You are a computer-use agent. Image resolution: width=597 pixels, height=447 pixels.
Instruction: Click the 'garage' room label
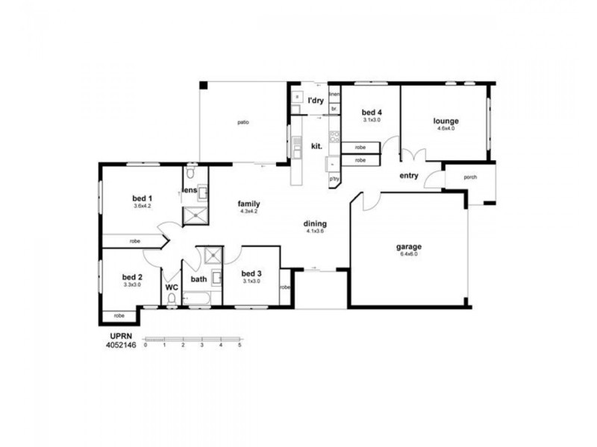(409, 247)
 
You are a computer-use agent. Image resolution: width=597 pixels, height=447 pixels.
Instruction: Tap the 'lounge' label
(446, 121)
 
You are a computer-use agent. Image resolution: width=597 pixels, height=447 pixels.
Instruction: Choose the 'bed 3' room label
(251, 273)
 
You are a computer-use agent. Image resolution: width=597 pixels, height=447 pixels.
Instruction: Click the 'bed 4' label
(372, 112)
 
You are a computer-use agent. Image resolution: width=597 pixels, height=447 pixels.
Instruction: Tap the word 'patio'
(243, 122)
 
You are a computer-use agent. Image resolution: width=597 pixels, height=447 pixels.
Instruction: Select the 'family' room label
(249, 203)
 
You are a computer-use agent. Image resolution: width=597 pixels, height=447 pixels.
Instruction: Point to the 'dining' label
(315, 223)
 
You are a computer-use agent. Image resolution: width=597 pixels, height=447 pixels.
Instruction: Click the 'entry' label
(409, 176)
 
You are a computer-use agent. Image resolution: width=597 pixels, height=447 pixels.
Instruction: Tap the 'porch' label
(470, 177)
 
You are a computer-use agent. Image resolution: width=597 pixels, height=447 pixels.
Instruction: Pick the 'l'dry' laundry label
(315, 99)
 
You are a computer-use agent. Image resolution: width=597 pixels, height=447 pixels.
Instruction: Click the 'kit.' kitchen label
(316, 146)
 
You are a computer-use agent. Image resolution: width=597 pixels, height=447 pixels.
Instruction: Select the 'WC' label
(172, 287)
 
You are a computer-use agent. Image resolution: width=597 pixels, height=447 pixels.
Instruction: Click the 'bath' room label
(199, 279)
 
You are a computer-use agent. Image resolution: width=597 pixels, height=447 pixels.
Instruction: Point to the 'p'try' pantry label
(334, 179)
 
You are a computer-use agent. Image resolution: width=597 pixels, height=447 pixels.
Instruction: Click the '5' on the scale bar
(240, 346)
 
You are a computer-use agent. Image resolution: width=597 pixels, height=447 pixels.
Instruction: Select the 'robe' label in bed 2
(119, 316)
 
